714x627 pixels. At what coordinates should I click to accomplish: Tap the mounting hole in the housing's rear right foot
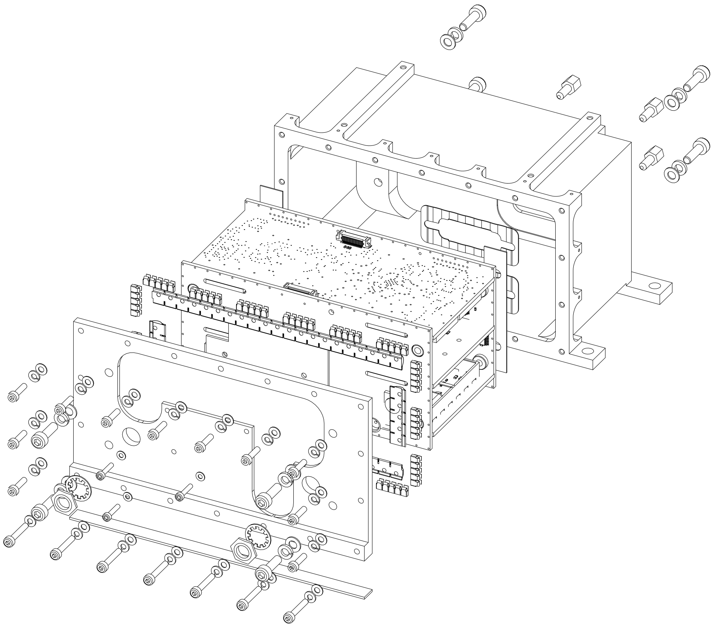(654, 286)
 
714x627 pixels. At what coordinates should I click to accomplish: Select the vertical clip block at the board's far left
(135, 299)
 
